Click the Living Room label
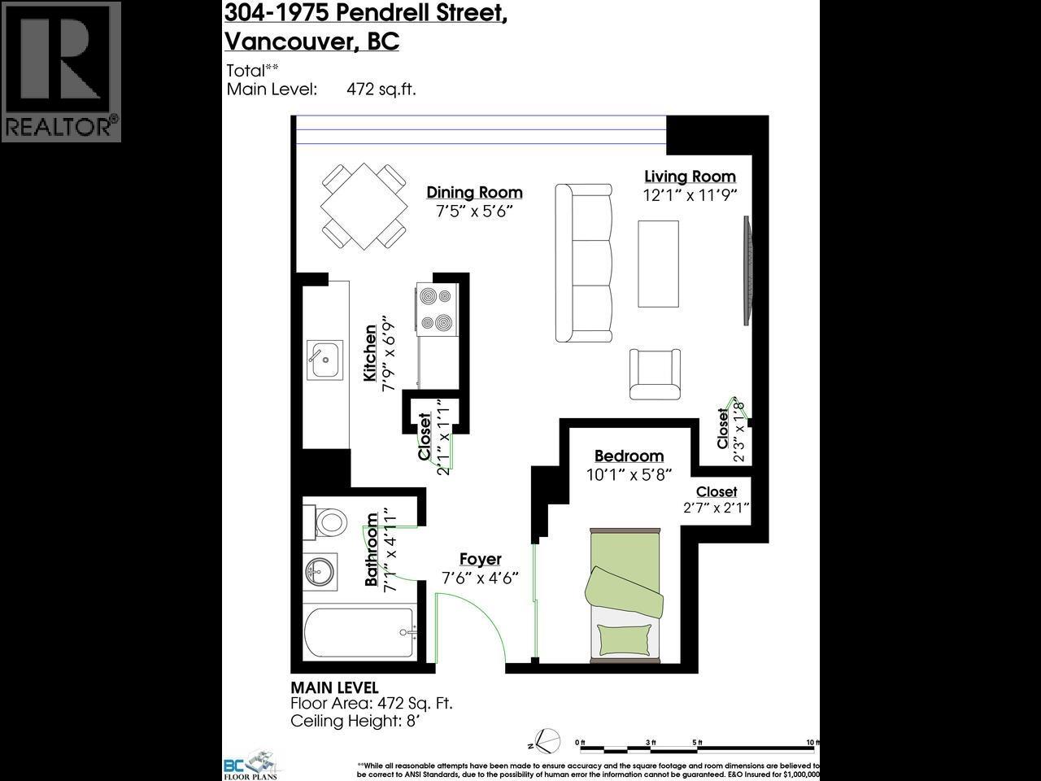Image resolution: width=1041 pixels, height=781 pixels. coord(690,177)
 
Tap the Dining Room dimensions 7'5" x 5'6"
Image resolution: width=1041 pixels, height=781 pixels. coord(474,211)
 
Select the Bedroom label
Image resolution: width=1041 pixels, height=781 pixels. coord(629,456)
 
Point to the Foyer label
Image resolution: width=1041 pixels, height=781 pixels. coord(480,560)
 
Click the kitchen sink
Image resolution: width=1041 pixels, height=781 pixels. coord(324,360)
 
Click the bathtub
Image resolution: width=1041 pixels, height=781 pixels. coord(358,635)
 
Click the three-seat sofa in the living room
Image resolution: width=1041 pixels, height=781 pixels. coord(583,263)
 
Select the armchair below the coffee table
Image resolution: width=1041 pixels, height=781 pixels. coord(654,373)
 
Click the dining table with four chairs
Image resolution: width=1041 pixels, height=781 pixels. coord(364,209)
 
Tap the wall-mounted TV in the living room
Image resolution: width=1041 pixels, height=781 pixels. coord(747,262)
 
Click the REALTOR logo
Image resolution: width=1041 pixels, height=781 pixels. coord(61,72)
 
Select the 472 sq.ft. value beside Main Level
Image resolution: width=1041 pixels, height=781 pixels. coord(381,89)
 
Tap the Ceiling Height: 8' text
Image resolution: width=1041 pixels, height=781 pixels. coord(357,721)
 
